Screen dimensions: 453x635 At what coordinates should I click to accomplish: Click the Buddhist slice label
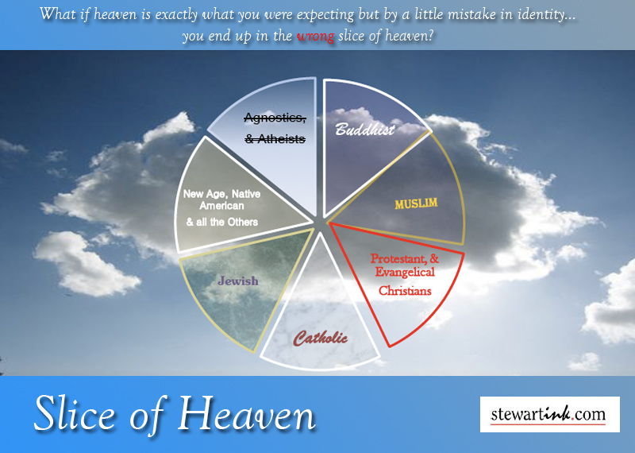[x=364, y=129]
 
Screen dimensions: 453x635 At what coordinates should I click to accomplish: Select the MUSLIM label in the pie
[x=417, y=203]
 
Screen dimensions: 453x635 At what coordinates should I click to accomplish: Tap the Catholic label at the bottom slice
[x=321, y=339]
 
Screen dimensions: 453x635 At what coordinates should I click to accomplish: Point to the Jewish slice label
[x=239, y=281]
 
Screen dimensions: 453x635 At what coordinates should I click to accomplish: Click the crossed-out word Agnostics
[x=275, y=118]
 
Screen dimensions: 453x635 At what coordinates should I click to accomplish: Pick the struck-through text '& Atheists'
[x=275, y=139]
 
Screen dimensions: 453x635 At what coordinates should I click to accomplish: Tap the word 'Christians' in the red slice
[x=405, y=291]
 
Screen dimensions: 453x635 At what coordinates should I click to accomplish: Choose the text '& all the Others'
[x=221, y=222]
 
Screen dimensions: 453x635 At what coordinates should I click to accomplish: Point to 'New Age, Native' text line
[x=221, y=193]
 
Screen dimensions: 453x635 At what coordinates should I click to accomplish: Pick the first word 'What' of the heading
[x=56, y=14]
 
